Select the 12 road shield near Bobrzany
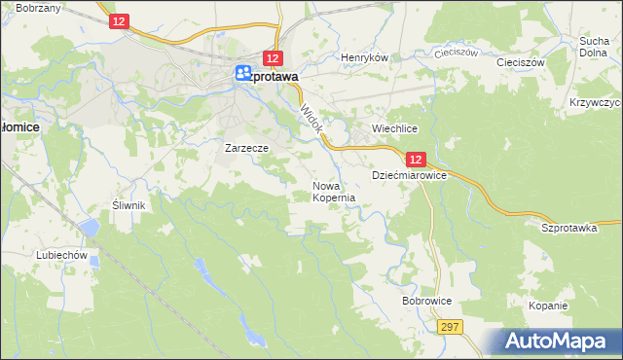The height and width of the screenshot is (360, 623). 119,21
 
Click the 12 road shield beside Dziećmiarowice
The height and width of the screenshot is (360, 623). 416,160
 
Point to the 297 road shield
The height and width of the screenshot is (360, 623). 449,328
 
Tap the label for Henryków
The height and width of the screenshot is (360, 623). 364,57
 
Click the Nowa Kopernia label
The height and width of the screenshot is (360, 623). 333,191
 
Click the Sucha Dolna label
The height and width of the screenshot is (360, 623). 594,47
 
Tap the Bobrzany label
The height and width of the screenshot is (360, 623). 39,8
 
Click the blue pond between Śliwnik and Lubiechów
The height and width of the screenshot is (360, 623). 90,228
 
